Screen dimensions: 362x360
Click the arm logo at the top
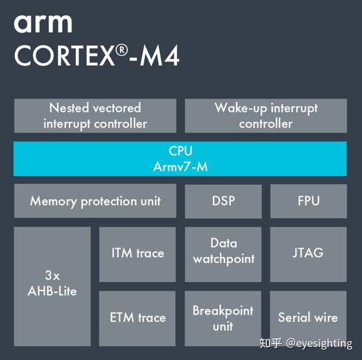click(43, 24)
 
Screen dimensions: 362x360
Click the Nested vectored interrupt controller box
click(95, 115)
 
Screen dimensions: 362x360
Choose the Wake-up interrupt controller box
click(265, 115)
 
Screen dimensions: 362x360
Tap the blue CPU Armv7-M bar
click(180, 158)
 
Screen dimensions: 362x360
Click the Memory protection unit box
click(95, 201)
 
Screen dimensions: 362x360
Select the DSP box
click(223, 201)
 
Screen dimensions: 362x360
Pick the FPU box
click(308, 201)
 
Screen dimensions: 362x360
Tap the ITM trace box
click(138, 254)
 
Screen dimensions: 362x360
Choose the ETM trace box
click(138, 318)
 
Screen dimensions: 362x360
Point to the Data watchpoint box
click(223, 254)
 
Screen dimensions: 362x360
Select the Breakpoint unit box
click(223, 318)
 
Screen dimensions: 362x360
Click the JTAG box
click(308, 254)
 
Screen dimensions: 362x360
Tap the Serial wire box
click(308, 318)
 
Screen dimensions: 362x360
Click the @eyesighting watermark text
click(319, 344)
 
